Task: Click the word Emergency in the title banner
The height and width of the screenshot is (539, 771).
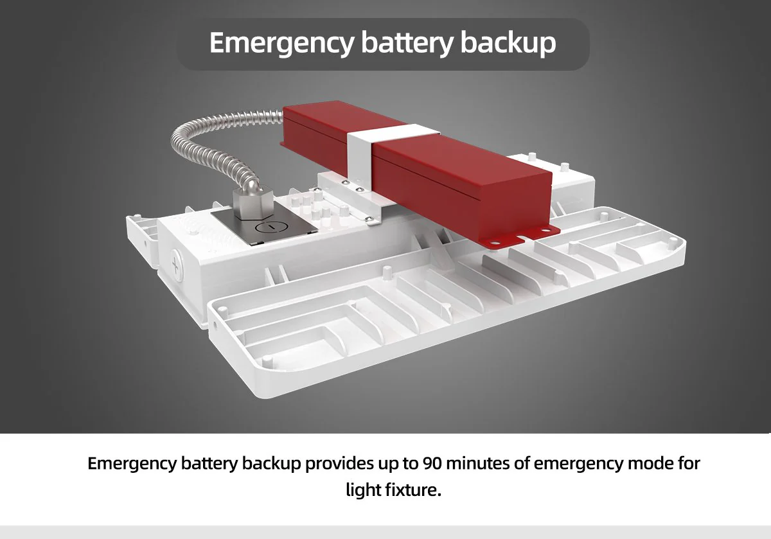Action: click(281, 44)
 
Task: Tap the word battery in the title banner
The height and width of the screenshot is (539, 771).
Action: click(407, 44)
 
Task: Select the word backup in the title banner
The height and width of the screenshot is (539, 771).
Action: click(508, 42)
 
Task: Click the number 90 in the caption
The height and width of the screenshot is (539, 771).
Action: click(432, 463)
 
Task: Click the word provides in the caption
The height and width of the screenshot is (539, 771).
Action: click(339, 464)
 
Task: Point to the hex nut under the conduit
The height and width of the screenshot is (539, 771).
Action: click(250, 204)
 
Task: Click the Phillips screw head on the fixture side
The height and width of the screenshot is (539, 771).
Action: click(177, 266)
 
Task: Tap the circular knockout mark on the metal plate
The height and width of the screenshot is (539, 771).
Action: click(271, 227)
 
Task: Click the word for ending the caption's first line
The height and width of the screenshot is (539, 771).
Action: click(689, 463)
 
